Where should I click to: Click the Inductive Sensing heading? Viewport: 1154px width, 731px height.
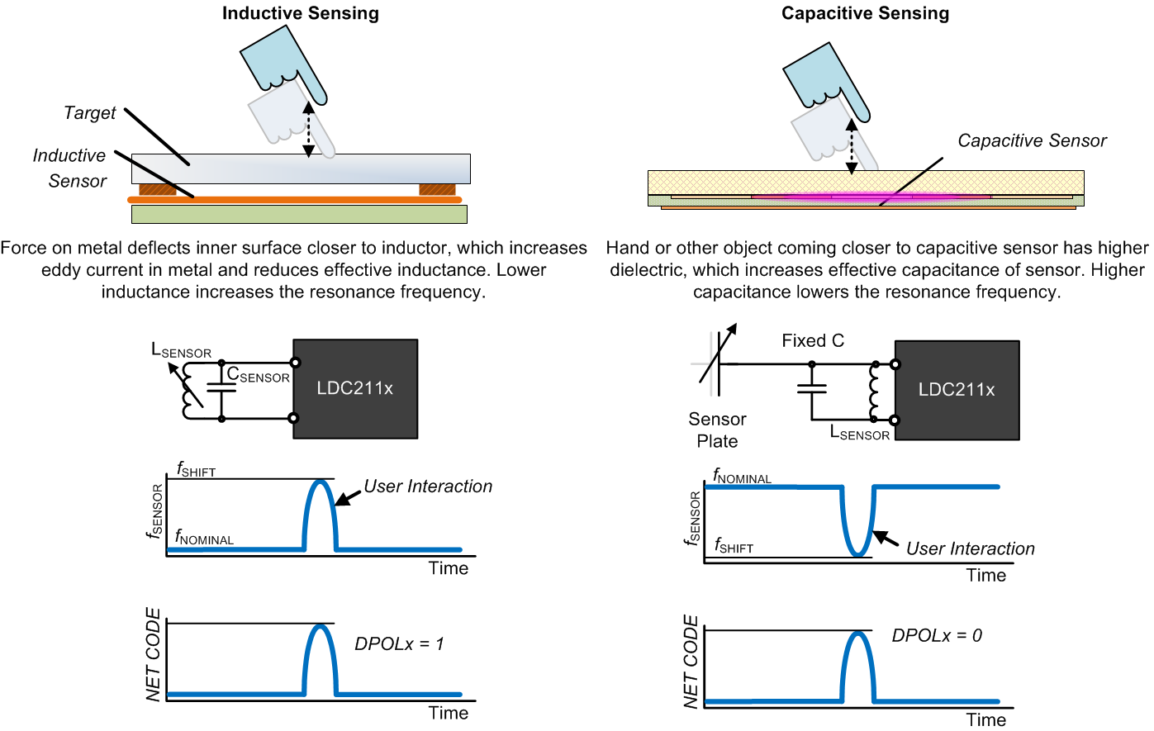[x=300, y=13]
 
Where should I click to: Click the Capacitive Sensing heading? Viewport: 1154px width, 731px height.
[x=865, y=13]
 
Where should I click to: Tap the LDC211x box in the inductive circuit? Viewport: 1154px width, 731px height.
[x=355, y=388]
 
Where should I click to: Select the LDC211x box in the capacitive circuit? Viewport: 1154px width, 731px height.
[x=957, y=390]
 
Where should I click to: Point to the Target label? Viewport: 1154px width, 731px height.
[x=90, y=113]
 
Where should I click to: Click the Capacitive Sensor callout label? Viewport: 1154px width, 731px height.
[x=1032, y=141]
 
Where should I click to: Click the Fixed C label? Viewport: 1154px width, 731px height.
[x=813, y=341]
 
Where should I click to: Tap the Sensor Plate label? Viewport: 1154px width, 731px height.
[x=717, y=430]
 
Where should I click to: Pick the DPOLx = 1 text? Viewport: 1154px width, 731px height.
[x=399, y=644]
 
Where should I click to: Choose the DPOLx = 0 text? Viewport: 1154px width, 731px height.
[x=937, y=636]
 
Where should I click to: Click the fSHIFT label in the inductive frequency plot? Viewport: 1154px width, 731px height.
[x=196, y=471]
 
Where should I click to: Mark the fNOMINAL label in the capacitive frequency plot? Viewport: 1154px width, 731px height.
[x=742, y=477]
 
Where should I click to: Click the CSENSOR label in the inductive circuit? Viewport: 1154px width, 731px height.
[x=258, y=376]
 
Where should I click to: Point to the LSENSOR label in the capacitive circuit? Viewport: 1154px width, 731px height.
[x=859, y=433]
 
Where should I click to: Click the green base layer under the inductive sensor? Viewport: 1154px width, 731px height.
[x=299, y=214]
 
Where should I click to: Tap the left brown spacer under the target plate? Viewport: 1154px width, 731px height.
[x=157, y=190]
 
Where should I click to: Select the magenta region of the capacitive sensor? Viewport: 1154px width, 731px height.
[x=867, y=197]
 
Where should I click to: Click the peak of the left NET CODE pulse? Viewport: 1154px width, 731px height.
[x=321, y=627]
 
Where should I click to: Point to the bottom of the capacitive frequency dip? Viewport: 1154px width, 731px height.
[x=858, y=554]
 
